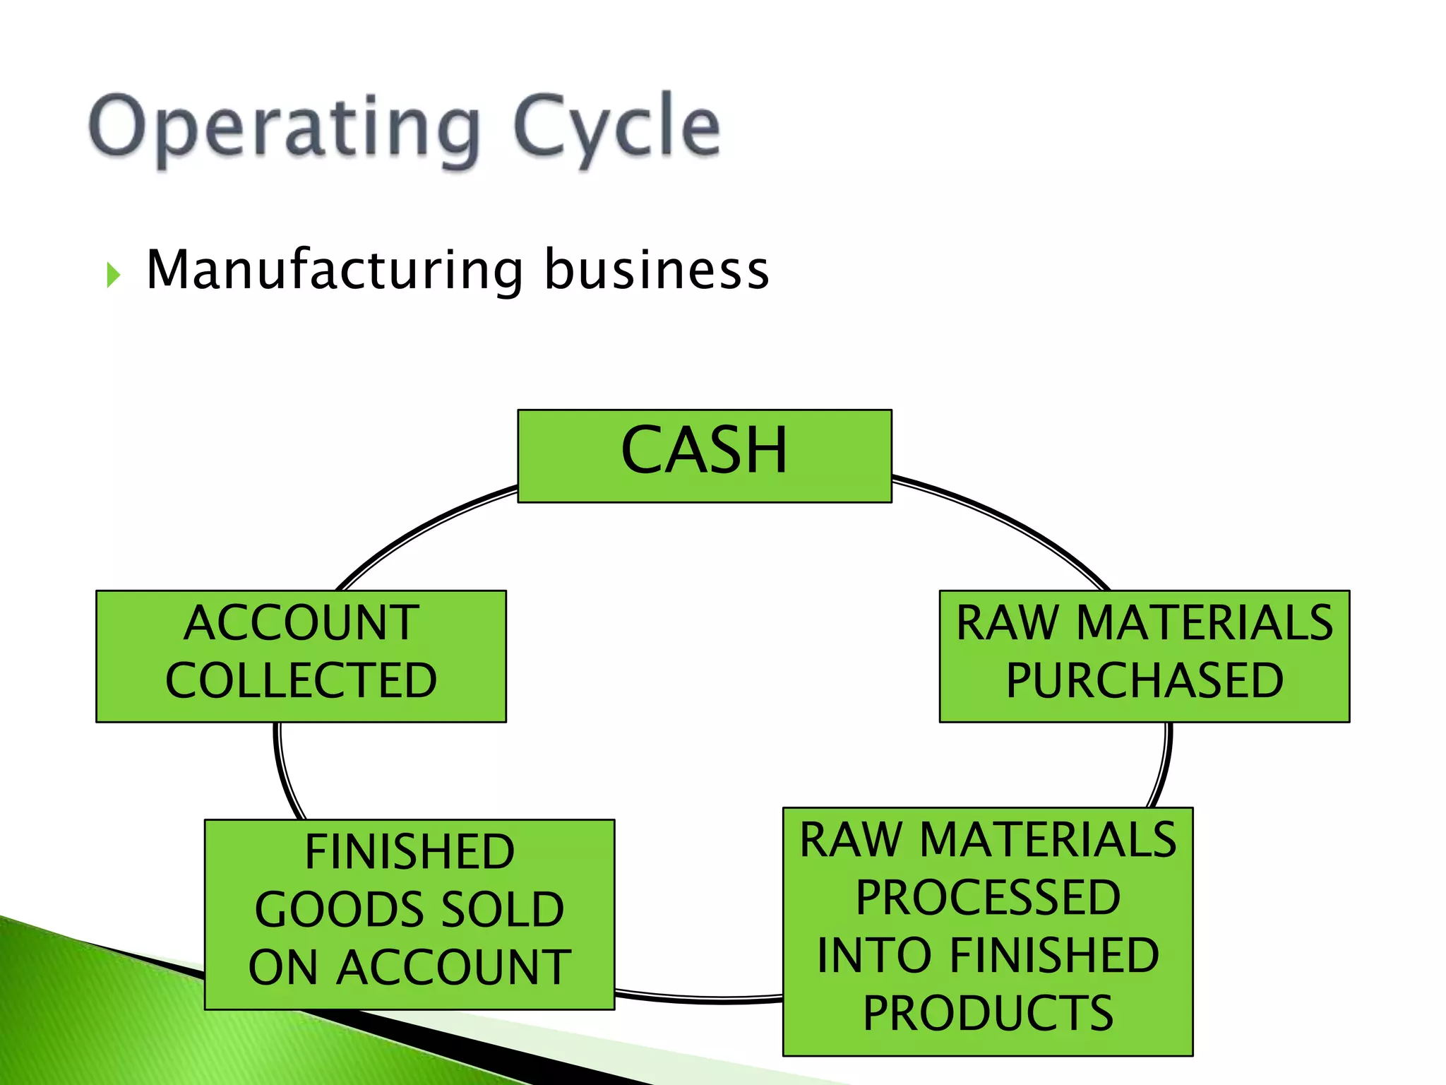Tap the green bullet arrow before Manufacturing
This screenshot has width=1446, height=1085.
tap(113, 275)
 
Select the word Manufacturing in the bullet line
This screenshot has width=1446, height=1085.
tap(335, 271)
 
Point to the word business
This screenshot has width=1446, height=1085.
tap(656, 271)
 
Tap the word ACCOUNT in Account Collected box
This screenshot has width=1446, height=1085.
tap(301, 623)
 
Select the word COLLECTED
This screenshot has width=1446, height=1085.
tap(301, 681)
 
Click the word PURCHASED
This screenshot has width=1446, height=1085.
tap(1144, 681)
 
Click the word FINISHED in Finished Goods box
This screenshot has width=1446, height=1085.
tap(410, 852)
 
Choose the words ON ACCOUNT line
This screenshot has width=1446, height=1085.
tap(410, 968)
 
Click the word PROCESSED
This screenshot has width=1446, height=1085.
tap(988, 898)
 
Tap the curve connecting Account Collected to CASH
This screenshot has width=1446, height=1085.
tap(417, 530)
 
